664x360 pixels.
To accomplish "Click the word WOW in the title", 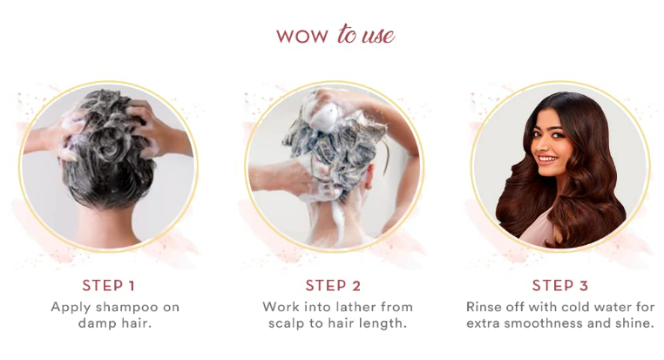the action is pyautogui.click(x=302, y=36).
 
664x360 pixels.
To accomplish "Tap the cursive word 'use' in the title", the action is pyautogui.click(x=378, y=36).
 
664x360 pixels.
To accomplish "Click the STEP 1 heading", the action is pyautogui.click(x=109, y=285).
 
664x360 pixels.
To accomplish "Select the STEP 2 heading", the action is pyautogui.click(x=333, y=285).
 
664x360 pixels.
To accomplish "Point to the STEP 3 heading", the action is pyautogui.click(x=559, y=285).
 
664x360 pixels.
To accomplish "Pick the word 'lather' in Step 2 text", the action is pyautogui.click(x=352, y=307).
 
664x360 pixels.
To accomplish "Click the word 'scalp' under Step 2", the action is pyautogui.click(x=287, y=324).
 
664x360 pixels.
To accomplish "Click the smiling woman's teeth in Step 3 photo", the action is pyautogui.click(x=547, y=159).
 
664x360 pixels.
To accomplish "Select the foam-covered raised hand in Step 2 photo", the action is pyautogui.click(x=324, y=109).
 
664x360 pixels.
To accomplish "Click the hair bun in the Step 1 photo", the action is pyautogui.click(x=109, y=146).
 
